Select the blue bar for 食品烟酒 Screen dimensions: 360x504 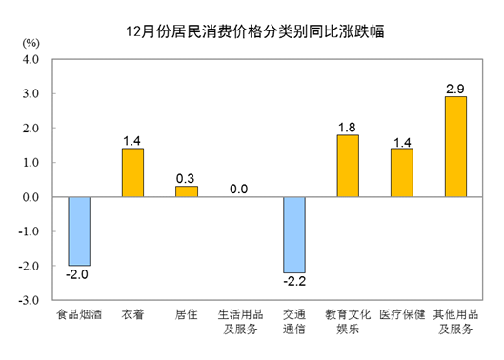coord(79,230)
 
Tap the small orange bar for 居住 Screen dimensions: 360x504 coord(187,191)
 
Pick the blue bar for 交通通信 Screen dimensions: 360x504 coord(293,234)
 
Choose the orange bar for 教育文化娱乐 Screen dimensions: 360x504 coord(348,166)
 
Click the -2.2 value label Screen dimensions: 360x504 coord(293,281)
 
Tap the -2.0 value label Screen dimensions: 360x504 coord(79,274)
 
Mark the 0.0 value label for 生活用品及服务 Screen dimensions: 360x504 coord(239,189)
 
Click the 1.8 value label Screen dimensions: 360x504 coord(348,126)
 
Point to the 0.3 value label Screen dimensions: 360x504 coord(187,177)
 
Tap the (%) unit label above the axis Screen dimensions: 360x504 coord(30,44)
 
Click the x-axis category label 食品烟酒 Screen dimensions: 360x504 coord(79,315)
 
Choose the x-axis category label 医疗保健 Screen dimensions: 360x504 coord(401,315)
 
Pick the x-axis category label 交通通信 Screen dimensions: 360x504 coord(293,322)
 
